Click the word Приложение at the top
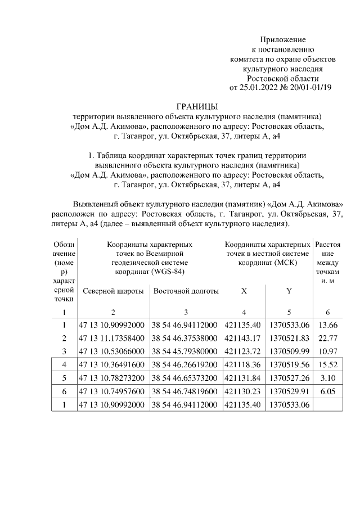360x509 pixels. [282, 40]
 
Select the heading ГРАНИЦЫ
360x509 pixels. [196, 107]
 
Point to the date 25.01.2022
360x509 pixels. [259, 88]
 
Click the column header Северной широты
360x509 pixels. [112, 291]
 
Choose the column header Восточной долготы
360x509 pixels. [186, 291]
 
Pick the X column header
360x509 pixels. [244, 291]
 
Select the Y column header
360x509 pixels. [289, 291]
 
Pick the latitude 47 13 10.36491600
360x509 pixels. [112, 364]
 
